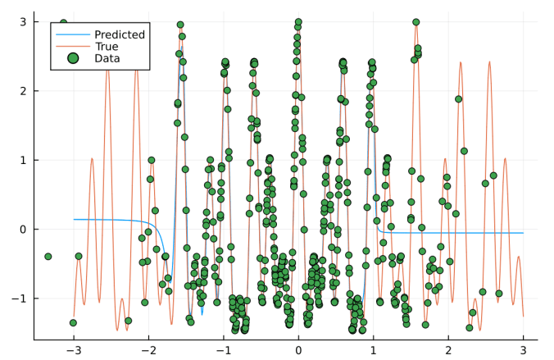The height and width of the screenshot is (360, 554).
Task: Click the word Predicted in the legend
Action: tap(120, 34)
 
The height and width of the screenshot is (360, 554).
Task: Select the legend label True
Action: tap(107, 47)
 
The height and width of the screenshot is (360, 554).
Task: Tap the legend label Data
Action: tap(107, 59)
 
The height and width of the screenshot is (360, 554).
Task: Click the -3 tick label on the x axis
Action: tap(72, 351)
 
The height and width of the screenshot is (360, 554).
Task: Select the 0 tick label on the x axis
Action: tap(299, 351)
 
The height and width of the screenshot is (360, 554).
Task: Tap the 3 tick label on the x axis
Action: tap(523, 351)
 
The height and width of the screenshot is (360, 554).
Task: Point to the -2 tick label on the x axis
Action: tap(148, 351)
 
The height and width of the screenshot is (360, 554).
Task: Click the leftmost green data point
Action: tap(48, 257)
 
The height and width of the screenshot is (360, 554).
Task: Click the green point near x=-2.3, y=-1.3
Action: tap(128, 321)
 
